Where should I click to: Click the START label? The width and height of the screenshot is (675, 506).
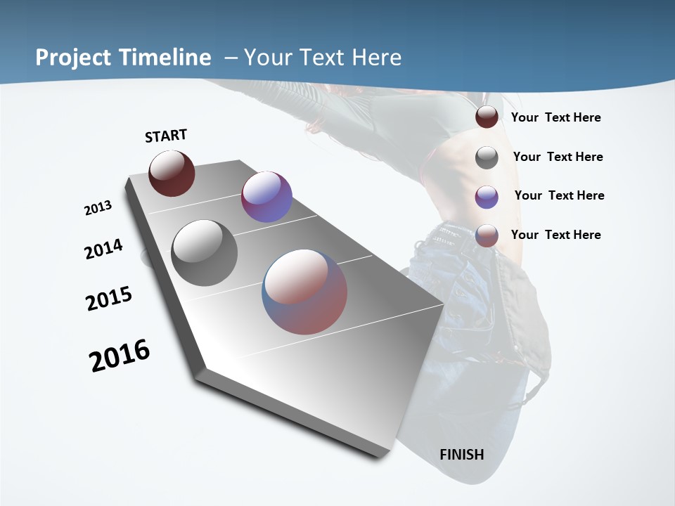click(166, 136)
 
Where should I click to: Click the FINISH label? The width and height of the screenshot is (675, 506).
click(462, 454)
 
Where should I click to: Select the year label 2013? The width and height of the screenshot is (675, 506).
click(98, 208)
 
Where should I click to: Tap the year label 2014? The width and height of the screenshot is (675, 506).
click(103, 249)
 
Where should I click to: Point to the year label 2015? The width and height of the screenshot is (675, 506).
click(109, 299)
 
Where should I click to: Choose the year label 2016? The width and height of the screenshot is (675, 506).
click(120, 356)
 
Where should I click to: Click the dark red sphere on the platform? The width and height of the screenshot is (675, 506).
click(172, 173)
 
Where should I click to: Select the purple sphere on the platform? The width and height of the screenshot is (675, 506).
click(266, 197)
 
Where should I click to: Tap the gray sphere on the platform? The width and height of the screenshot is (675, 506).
click(204, 253)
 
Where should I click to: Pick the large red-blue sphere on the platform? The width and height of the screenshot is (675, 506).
click(304, 292)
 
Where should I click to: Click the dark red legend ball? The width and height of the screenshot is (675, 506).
click(487, 117)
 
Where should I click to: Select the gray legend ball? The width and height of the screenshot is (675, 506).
click(487, 157)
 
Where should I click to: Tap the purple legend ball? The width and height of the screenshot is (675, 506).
click(487, 197)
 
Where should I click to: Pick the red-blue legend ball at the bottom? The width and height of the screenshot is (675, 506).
click(487, 235)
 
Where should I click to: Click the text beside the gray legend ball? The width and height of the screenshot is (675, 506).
click(558, 157)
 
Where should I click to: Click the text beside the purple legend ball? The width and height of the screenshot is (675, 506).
click(559, 195)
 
